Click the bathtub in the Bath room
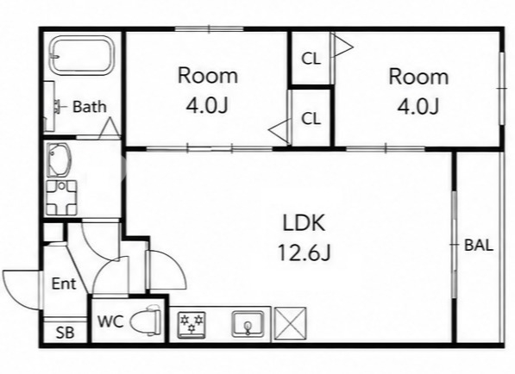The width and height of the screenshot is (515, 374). (82, 55)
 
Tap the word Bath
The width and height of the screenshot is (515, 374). (90, 107)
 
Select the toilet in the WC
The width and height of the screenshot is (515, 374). (146, 321)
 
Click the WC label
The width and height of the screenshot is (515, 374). (110, 321)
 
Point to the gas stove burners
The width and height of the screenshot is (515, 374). (192, 325)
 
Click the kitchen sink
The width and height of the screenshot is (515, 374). (248, 324)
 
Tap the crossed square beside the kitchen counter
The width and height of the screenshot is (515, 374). (290, 323)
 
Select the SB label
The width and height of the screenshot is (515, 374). (65, 333)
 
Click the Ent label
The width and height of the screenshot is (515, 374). (64, 284)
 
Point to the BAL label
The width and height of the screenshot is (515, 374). (479, 246)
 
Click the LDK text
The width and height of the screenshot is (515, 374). (305, 222)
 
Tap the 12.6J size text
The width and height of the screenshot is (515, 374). (305, 252)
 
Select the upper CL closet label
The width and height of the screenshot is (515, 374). (311, 59)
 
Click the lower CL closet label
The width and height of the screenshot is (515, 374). (311, 119)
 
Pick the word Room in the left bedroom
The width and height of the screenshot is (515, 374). (208, 75)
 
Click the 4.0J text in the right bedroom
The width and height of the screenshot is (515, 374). (418, 106)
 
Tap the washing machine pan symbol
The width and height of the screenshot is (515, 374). (61, 197)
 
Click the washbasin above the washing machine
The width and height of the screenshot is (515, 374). (59, 159)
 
